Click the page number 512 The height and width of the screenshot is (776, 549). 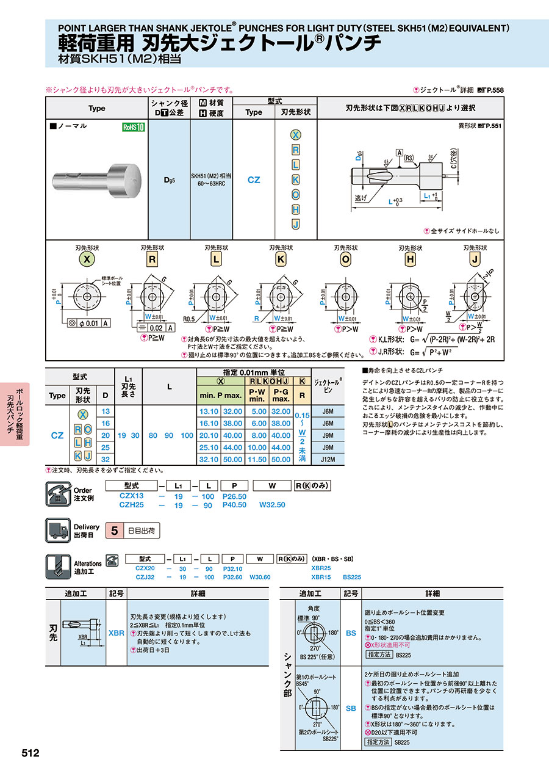30,753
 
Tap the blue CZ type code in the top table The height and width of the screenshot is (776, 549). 254,180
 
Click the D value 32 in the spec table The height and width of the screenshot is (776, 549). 106,459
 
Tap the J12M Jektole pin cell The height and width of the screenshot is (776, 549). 328,459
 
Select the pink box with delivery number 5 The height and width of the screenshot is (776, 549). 113,531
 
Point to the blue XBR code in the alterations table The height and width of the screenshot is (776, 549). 117,633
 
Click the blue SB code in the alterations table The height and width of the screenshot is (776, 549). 351,708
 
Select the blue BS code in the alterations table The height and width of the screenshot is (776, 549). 351,633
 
